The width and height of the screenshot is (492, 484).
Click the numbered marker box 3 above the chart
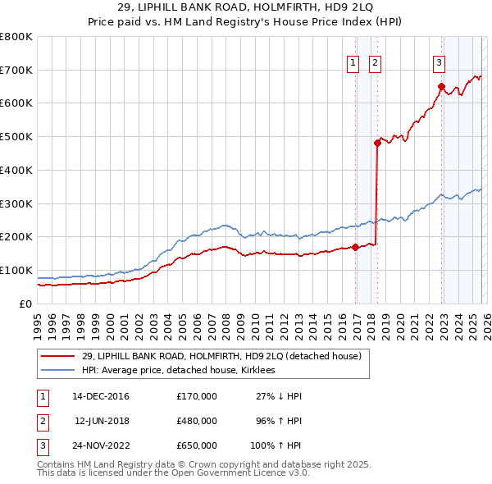point(439,62)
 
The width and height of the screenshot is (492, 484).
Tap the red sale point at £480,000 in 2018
point(377,143)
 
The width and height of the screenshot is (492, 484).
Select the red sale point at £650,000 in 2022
point(441,86)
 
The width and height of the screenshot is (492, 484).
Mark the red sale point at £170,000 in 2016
point(355,246)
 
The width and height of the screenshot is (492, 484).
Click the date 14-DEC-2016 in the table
point(100,396)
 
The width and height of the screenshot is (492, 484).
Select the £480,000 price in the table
point(196,422)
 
